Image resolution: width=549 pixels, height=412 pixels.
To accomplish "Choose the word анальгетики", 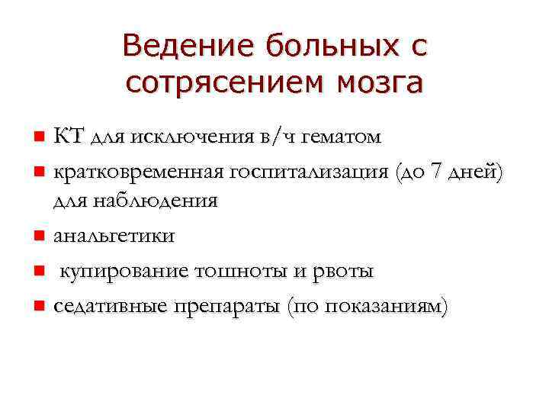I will point(114,237).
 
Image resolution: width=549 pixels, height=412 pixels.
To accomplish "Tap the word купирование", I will point(124,272).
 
